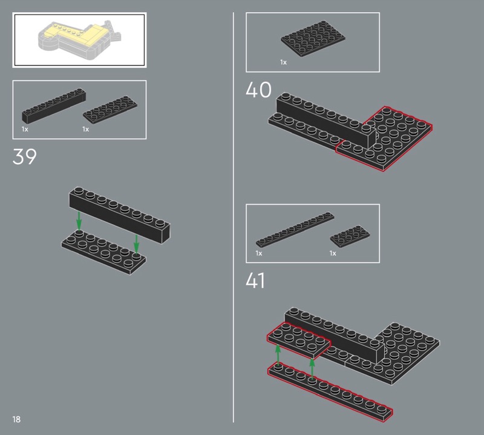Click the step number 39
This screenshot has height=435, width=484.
[x=24, y=156]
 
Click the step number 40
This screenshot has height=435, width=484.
[x=258, y=90]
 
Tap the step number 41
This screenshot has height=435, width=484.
[x=255, y=281]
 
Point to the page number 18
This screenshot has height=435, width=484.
[x=16, y=419]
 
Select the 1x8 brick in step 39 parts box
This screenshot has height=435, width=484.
[x=54, y=106]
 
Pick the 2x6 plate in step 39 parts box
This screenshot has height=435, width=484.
[x=110, y=110]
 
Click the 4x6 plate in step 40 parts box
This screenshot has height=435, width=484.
[x=313, y=39]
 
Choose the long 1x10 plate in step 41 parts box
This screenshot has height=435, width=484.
[x=295, y=230]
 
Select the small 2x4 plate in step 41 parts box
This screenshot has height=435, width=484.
[x=350, y=236]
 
